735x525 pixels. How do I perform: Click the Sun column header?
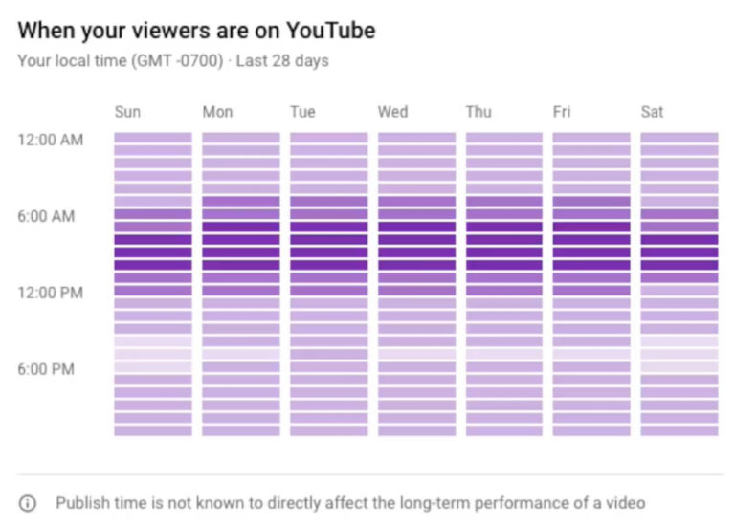(x=127, y=112)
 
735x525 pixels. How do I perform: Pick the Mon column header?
(x=217, y=112)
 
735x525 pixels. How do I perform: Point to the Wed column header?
(x=393, y=112)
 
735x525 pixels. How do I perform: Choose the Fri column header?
(x=562, y=112)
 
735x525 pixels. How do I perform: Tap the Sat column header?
(x=652, y=112)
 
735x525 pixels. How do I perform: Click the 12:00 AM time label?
(x=50, y=140)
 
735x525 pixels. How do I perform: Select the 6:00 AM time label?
(x=46, y=216)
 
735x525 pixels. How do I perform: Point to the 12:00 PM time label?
(x=50, y=293)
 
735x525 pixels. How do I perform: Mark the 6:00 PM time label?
(x=46, y=369)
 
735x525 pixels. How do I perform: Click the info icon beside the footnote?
(x=28, y=503)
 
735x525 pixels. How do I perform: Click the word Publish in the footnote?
(x=79, y=503)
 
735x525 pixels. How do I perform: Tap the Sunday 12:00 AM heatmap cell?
(x=153, y=138)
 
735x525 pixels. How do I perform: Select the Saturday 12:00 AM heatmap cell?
(x=679, y=138)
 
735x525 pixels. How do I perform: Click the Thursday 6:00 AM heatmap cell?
(x=504, y=214)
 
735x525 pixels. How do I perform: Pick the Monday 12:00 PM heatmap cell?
(x=241, y=291)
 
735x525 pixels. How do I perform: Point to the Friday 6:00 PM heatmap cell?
(x=591, y=367)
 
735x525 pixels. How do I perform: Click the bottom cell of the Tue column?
(x=328, y=430)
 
